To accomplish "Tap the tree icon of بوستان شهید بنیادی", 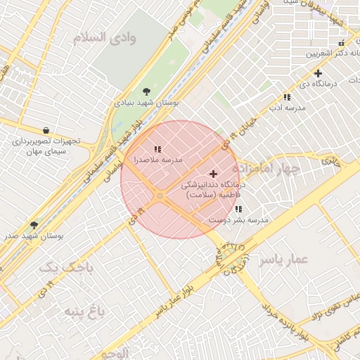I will coord(146,91).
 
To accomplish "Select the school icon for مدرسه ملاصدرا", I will coord(158,149).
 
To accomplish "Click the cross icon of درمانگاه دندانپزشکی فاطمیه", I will coord(214,173).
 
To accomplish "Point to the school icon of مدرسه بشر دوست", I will coord(239,209).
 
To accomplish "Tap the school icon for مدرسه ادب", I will coord(287,97).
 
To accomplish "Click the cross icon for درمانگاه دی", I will coord(318,73).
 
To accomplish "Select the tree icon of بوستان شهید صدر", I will coord(34,225).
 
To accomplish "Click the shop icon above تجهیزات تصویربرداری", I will coord(46,130).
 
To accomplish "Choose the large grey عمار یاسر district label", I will coord(283,259).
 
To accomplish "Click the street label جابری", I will coord(330,161).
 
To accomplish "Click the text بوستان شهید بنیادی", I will coord(146,103).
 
